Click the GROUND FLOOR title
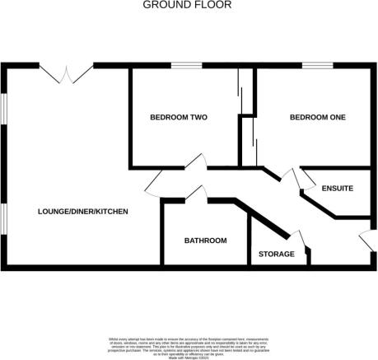click(x=188, y=5)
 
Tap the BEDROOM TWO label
click(x=177, y=118)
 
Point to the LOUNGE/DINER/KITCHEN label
click(x=83, y=212)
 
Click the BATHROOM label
click(x=205, y=241)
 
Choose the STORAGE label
click(x=277, y=254)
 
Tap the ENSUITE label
click(x=338, y=189)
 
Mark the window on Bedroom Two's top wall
click(x=187, y=65)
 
